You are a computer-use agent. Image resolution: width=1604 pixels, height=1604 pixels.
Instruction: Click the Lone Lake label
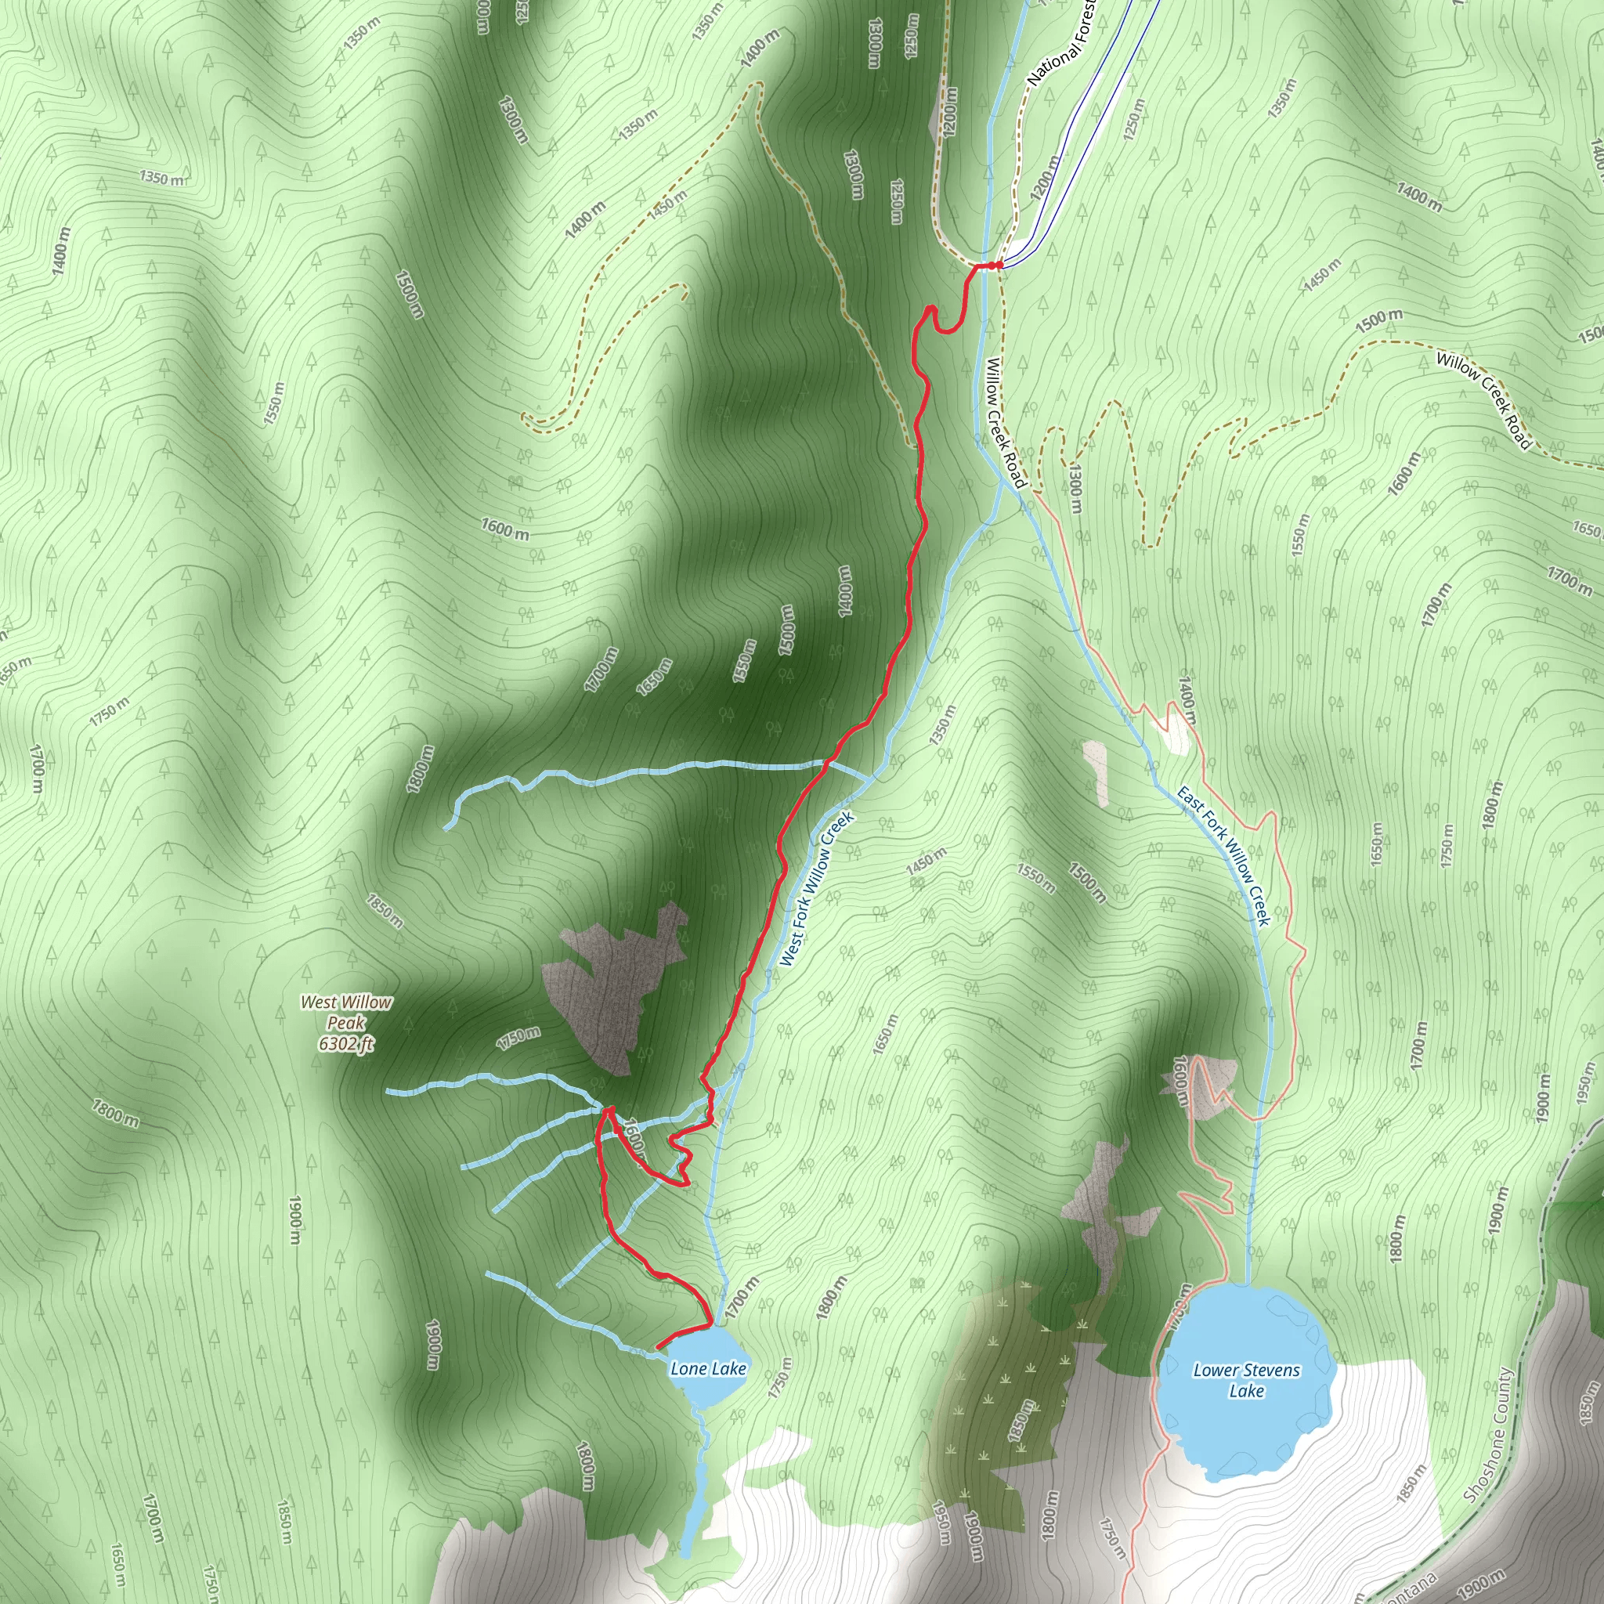coord(708,1368)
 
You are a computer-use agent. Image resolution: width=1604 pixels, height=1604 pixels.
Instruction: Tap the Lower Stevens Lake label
coord(1246,1380)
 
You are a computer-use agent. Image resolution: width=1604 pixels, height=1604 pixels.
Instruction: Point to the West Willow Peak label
coord(345,1012)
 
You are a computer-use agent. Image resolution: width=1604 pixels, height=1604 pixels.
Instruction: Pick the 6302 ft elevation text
coord(345,1043)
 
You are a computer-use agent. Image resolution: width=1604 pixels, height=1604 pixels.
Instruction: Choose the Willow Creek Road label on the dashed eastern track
coord(1483,400)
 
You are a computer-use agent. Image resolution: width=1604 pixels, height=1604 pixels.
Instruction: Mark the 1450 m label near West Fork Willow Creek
coord(926,860)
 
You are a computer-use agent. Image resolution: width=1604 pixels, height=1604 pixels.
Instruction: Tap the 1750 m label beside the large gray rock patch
coord(519,1038)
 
